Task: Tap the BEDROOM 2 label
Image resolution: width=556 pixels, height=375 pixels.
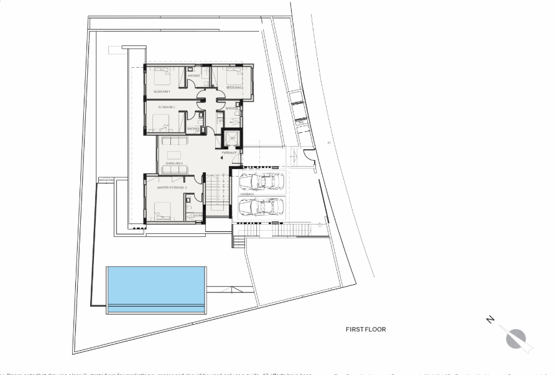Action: [234, 88]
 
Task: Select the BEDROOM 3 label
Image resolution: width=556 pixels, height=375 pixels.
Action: [166, 107]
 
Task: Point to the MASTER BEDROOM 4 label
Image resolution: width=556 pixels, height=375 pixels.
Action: [172, 187]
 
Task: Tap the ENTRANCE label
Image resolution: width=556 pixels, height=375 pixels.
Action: [229, 152]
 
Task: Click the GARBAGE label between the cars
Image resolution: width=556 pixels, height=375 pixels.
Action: [248, 193]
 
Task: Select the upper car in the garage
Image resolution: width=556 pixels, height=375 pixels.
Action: [262, 181]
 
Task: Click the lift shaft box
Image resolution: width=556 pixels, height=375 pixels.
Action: [231, 139]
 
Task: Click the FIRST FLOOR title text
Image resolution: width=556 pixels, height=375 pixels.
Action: [366, 330]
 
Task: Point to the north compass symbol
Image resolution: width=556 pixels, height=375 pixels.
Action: [516, 339]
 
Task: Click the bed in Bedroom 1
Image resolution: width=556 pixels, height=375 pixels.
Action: [161, 78]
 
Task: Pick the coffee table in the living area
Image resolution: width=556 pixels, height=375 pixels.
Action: [174, 155]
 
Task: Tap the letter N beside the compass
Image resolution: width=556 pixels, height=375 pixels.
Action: [491, 320]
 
